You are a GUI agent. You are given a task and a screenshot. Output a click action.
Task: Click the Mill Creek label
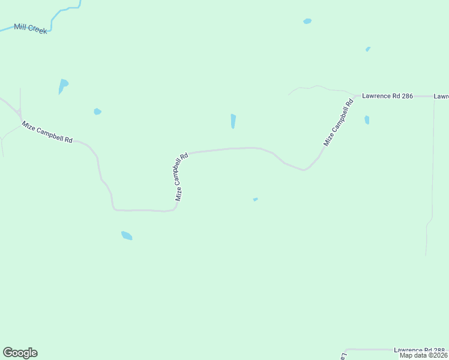click(x=31, y=29)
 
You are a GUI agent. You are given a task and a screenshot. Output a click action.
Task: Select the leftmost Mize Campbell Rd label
click(x=47, y=132)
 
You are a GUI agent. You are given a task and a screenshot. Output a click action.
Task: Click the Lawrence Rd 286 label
click(x=387, y=96)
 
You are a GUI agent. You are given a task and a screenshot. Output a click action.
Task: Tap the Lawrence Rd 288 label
click(x=420, y=350)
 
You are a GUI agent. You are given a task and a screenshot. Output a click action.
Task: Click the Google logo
click(x=20, y=353)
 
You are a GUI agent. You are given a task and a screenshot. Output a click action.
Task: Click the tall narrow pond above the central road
click(x=233, y=121)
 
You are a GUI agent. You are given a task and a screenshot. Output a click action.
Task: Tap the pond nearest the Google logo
click(x=126, y=235)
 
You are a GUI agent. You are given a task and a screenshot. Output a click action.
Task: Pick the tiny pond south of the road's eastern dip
click(x=255, y=199)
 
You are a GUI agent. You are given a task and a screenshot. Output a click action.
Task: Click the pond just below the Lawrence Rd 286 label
click(x=367, y=120)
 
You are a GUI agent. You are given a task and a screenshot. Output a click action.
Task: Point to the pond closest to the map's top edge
click(x=307, y=21)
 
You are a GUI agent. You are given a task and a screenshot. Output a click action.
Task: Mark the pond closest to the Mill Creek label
click(x=62, y=85)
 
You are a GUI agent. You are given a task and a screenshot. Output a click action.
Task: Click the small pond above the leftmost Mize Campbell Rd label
click(x=97, y=111)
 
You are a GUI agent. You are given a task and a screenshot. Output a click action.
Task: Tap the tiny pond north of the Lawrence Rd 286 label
click(x=368, y=49)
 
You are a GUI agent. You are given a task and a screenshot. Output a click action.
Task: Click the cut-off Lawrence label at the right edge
click(x=441, y=96)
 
